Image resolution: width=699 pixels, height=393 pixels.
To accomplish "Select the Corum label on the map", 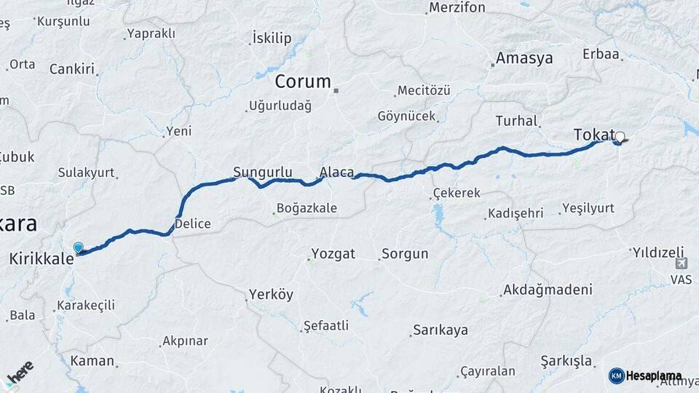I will pos(303,82).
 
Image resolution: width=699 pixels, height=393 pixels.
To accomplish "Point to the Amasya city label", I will pos(524,58).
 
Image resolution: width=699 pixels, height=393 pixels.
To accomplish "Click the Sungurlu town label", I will pos(262,172).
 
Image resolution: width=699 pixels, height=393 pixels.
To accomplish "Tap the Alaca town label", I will pos(336,172).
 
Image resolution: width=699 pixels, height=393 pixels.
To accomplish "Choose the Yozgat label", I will pos(333,254).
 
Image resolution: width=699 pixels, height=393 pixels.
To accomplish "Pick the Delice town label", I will pos(193,223).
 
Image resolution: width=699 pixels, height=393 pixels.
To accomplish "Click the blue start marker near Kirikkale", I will pos(78,248).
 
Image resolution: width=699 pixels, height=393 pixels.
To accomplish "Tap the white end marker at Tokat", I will pos(620,136).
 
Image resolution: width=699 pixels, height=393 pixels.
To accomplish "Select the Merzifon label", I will pos(457,8).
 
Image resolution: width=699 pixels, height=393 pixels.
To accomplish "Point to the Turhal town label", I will pos(516,121).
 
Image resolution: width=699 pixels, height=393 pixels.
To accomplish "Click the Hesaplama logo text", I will pos(653,376).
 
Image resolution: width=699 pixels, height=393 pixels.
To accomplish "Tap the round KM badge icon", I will pos(616,376).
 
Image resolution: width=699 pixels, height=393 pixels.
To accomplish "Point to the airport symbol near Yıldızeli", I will pos(681,263).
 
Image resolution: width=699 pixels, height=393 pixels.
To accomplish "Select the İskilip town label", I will pos(272,38).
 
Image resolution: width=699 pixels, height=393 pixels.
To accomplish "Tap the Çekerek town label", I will pos(457,193).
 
